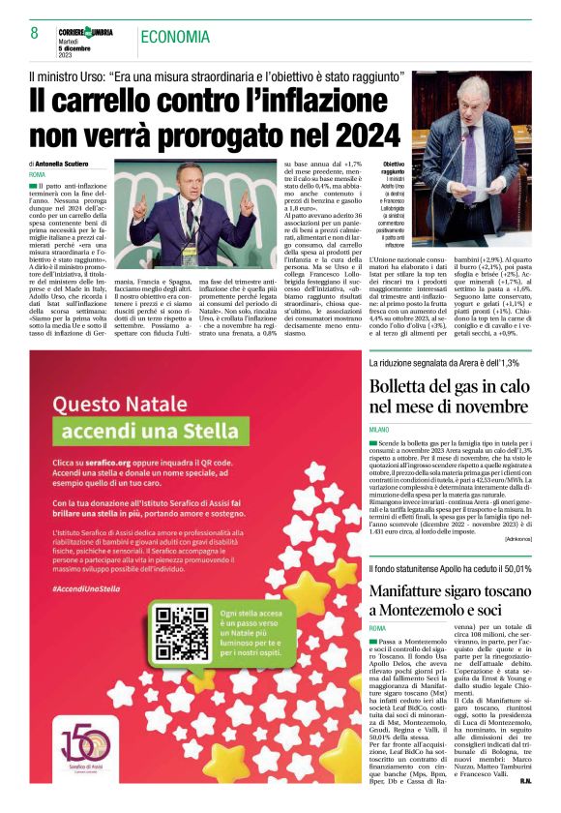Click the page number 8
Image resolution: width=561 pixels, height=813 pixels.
(x=34, y=34)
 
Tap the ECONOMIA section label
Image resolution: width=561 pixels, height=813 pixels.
(x=176, y=37)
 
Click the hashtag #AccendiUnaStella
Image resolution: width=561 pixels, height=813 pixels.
(x=87, y=587)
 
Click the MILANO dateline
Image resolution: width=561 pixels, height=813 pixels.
(x=378, y=428)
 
